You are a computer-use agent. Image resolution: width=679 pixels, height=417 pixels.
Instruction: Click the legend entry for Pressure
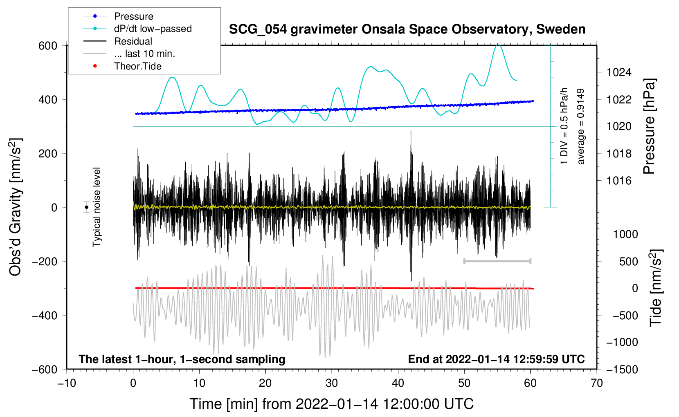133,16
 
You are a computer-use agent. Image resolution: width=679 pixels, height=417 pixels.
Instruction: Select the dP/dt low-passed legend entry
153,29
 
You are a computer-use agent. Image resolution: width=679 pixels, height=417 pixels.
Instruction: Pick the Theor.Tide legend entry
137,66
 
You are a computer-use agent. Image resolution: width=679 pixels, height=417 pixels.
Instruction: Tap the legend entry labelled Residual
133,41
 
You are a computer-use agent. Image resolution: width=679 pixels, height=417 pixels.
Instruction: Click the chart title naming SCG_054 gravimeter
407,29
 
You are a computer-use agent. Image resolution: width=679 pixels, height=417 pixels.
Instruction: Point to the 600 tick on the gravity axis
48,45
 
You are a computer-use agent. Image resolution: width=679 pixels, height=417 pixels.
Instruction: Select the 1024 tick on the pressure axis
619,72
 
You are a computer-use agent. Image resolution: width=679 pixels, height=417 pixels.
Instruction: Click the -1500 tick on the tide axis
622,369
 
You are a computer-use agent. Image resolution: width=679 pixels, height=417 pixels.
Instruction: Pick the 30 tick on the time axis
332,383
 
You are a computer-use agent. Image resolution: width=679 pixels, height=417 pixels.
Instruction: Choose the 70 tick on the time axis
597,383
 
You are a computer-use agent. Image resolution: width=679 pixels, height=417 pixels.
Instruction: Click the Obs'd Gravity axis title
16,207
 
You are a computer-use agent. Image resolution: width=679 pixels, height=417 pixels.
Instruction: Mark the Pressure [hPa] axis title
650,126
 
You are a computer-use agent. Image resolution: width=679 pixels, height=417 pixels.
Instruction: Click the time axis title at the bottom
332,404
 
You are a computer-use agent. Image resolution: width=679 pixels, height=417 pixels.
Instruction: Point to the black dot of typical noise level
87,207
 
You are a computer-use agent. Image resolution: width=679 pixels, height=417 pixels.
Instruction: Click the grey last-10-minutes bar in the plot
497,261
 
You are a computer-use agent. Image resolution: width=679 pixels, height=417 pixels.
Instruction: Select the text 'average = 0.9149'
581,126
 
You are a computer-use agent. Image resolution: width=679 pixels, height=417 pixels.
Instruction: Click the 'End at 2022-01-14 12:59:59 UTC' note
496,359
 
